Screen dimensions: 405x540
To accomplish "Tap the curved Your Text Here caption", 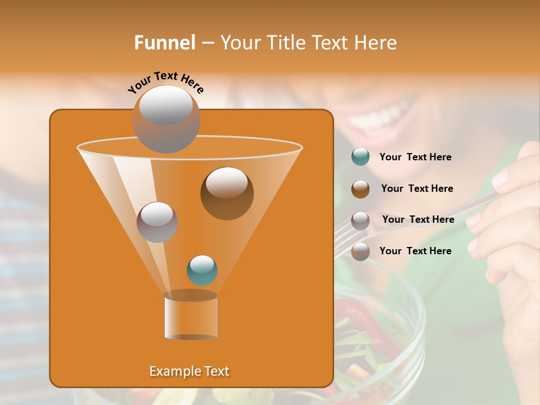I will click(165, 83).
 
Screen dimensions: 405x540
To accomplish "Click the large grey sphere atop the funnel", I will click(166, 118).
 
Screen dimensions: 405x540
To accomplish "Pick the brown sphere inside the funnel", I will click(227, 193).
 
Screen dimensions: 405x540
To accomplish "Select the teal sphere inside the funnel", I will click(202, 270).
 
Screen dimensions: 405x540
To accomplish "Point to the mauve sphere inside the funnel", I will click(157, 222).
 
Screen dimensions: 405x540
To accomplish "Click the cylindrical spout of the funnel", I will click(191, 316).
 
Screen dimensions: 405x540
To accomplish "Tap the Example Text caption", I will click(189, 371).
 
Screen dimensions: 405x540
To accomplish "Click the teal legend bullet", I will click(360, 157).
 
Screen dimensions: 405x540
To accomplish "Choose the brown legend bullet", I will click(360, 188).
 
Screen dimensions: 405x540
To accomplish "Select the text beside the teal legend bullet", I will click(415, 157).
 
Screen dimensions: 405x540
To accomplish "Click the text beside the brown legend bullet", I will click(417, 189).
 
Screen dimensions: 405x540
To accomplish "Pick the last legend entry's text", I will click(415, 251).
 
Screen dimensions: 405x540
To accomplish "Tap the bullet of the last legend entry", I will click(360, 251).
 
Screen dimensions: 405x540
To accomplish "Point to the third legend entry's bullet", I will click(360, 220).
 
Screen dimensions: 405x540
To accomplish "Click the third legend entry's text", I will click(418, 219).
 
